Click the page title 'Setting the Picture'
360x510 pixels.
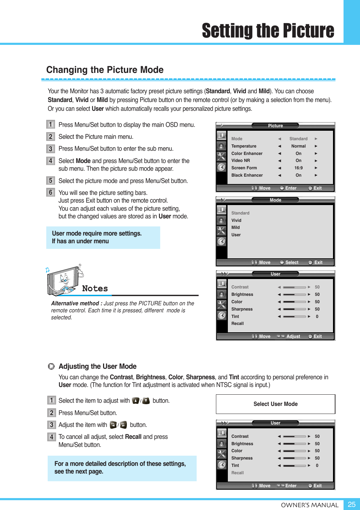pos(268,31)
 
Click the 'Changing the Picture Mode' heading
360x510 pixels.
pos(105,70)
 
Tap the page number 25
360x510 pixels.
pos(352,504)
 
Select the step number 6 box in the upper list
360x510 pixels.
pos(50,192)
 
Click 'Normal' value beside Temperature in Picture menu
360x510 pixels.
pos(298,146)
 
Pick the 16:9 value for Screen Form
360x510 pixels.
pos(298,168)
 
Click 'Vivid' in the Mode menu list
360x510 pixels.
pos(236,220)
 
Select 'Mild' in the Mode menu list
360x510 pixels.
pos(236,227)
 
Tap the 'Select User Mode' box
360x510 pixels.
pos(276,404)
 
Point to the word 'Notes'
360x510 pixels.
pos(95,288)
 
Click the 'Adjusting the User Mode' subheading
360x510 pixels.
pos(97,366)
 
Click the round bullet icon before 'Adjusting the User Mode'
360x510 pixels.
pos(52,366)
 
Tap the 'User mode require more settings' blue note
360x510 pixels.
pos(103,237)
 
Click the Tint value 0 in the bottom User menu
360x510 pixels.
pos(317,465)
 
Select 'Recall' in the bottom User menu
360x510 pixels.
pos(237,473)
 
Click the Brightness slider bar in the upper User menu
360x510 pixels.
pos(294,294)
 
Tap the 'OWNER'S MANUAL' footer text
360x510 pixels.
pos(310,505)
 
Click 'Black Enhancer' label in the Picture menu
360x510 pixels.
pos(247,175)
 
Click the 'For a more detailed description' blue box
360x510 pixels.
pos(122,468)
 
